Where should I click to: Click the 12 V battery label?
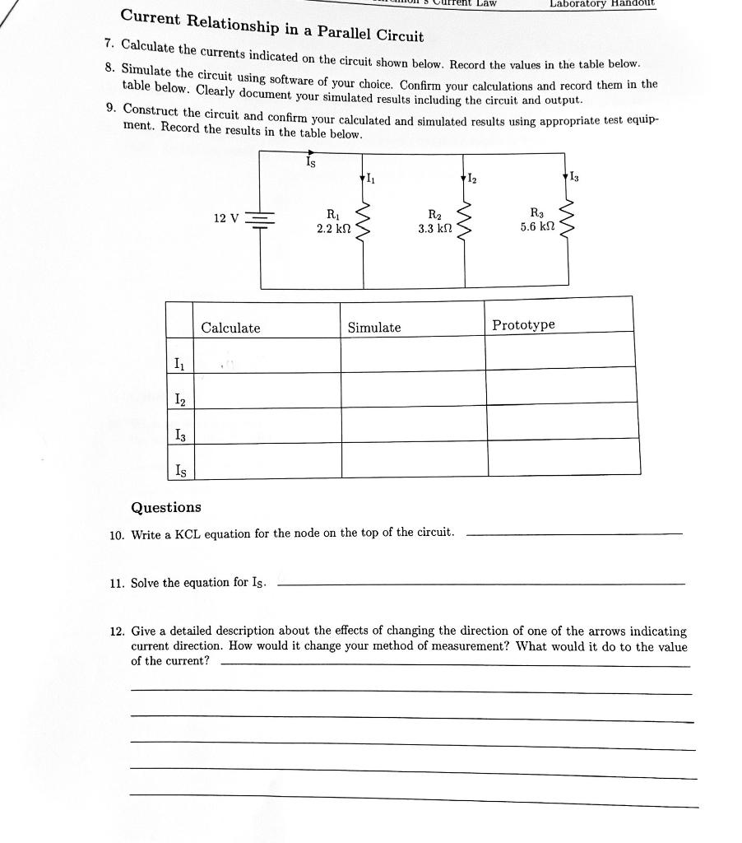point(225,218)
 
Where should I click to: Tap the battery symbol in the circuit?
point(262,219)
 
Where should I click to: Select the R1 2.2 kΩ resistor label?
point(335,221)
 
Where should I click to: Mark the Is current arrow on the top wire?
point(310,153)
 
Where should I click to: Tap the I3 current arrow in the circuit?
point(567,175)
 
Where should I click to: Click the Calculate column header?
point(231,328)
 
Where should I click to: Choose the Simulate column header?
point(374,328)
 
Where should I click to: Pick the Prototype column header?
point(523,325)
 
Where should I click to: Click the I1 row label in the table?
point(179,364)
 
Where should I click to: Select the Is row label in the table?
point(179,470)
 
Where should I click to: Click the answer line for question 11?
point(481,585)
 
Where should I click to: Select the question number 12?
point(116,631)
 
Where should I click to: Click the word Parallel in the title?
point(326,34)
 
